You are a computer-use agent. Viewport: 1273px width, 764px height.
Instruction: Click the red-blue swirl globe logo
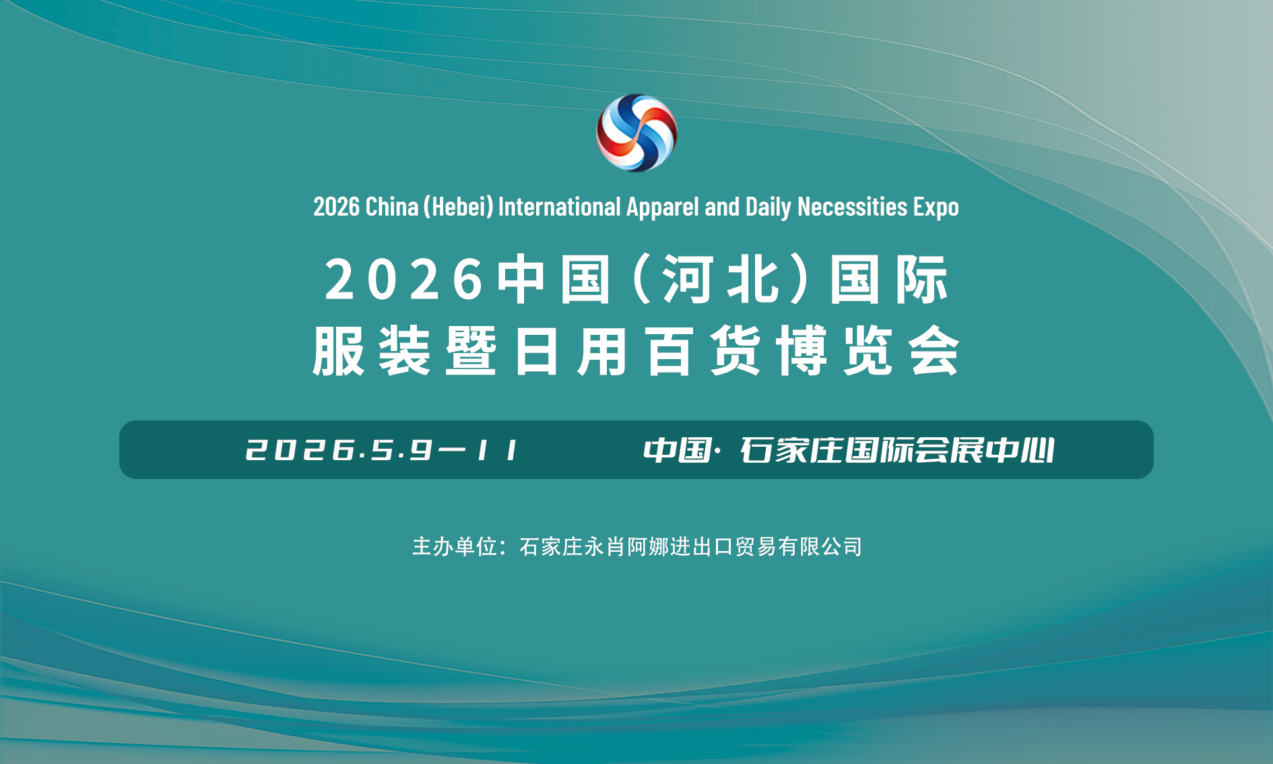point(636,133)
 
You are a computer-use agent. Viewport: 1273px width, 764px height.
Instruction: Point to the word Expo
point(936,207)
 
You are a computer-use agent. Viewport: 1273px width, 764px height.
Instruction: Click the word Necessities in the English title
point(852,207)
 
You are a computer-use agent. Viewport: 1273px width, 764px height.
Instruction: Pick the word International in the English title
point(559,207)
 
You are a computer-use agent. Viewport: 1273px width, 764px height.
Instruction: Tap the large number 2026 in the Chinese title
point(403,280)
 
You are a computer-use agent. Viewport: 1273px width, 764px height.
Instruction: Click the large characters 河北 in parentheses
point(721,280)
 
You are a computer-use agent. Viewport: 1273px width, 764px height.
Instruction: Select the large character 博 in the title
point(802,350)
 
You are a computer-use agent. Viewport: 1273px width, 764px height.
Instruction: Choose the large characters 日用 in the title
point(570,350)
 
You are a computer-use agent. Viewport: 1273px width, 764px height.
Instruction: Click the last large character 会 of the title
point(934,350)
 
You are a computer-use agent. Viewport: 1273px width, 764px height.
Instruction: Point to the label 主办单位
point(455,546)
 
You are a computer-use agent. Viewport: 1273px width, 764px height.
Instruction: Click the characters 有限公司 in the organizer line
point(820,546)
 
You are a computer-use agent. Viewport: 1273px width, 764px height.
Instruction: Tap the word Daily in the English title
point(768,207)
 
